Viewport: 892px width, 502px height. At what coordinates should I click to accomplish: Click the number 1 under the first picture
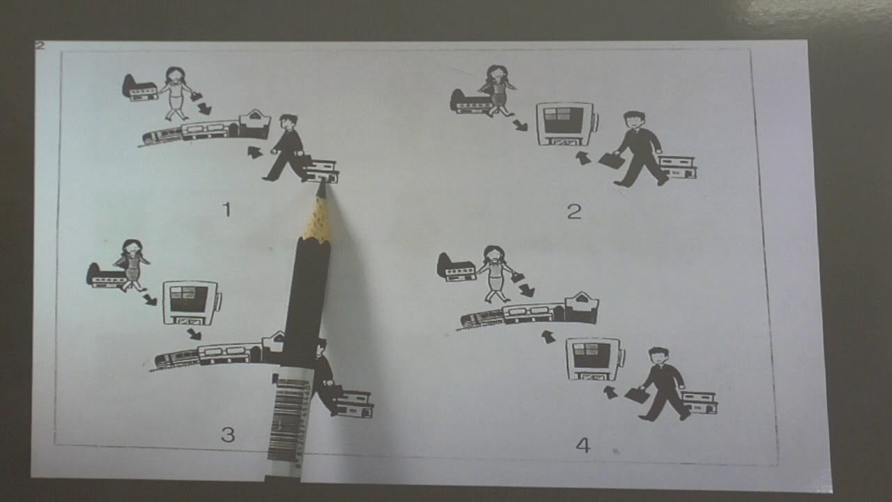click(227, 210)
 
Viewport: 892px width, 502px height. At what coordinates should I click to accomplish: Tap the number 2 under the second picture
click(574, 211)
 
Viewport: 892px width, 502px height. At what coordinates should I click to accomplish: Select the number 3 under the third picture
click(228, 434)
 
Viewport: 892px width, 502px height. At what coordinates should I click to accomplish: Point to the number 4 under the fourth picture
click(583, 445)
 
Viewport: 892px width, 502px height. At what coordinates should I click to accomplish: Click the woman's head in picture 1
click(174, 75)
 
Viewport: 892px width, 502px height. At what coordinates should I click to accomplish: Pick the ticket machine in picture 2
click(567, 124)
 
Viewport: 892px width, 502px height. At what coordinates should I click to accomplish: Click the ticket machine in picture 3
click(192, 303)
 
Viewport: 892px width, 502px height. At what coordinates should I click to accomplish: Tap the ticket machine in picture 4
click(595, 359)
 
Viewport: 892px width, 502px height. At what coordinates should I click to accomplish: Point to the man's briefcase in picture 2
click(612, 160)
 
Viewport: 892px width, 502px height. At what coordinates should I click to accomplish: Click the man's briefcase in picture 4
click(637, 395)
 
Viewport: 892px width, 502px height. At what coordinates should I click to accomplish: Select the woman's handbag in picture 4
click(517, 277)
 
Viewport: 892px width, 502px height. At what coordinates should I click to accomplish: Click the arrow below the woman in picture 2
click(520, 125)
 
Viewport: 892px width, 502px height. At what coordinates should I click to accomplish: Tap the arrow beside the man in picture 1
click(255, 152)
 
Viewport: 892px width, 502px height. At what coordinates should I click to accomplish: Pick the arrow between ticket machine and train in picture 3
click(194, 334)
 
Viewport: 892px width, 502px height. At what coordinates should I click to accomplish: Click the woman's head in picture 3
click(132, 248)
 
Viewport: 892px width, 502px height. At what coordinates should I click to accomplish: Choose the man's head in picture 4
click(657, 356)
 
